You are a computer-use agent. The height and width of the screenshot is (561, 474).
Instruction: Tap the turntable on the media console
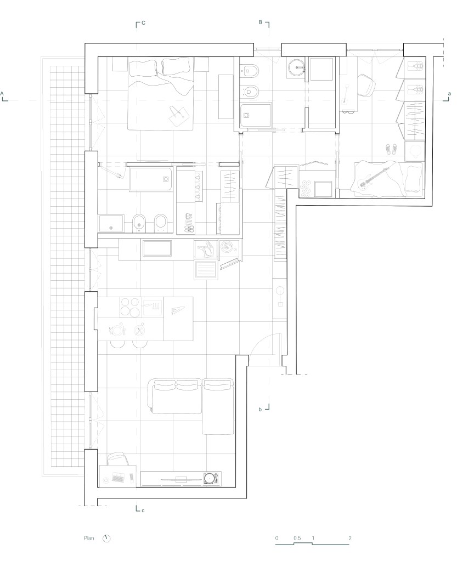(x=211, y=478)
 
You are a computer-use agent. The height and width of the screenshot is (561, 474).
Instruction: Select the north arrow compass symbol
(x=106, y=539)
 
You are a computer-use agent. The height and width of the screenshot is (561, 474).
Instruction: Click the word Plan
(x=89, y=538)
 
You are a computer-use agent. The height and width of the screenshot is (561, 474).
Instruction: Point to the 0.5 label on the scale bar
(x=297, y=538)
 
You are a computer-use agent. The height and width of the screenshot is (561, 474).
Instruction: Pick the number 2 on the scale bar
(x=350, y=538)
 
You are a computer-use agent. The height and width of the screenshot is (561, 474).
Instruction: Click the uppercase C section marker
(x=143, y=23)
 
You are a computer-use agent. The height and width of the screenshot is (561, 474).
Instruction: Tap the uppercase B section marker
(x=260, y=22)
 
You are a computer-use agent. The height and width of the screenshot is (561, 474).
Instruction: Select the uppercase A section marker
(x=2, y=94)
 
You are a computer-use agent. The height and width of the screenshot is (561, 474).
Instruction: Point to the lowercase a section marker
(x=450, y=94)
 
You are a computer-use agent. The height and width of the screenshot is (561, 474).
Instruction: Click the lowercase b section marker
(x=260, y=409)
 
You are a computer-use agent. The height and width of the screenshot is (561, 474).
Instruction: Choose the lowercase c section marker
(x=143, y=510)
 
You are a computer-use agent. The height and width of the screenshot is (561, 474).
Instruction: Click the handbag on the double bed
(x=178, y=115)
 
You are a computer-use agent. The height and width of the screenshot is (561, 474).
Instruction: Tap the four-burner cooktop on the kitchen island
(x=129, y=307)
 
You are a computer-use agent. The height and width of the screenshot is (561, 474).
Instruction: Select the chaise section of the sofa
(x=218, y=407)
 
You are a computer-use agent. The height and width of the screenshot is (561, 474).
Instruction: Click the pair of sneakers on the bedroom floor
(x=391, y=149)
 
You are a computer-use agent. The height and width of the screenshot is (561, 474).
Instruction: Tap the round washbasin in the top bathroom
(x=296, y=66)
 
